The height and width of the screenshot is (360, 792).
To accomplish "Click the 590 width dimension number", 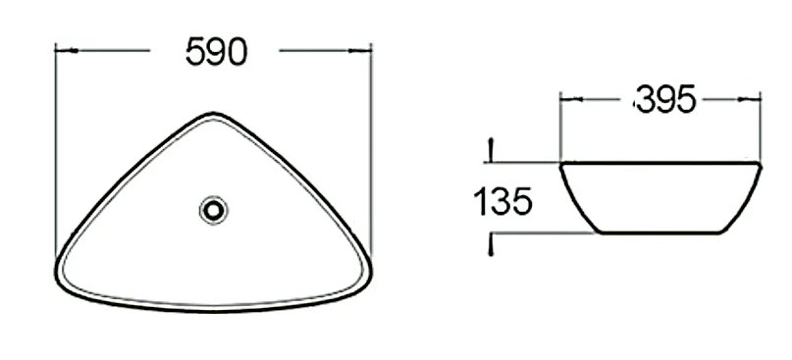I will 215,52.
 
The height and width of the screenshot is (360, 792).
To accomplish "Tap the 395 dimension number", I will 666,99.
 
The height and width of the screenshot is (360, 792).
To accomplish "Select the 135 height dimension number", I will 502,202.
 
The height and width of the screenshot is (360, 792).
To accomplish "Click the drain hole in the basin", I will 213,209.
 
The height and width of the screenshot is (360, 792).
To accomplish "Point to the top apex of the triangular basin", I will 213,113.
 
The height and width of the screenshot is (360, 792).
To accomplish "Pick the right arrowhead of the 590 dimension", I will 368,49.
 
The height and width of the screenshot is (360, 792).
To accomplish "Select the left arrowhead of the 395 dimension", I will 564,99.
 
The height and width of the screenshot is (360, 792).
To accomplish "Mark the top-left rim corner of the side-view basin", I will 562,164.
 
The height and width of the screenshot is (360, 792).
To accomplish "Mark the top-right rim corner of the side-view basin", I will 761,164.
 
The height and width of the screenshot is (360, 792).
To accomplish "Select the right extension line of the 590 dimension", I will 373,147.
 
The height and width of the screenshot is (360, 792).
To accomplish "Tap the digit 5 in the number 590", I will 193,52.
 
